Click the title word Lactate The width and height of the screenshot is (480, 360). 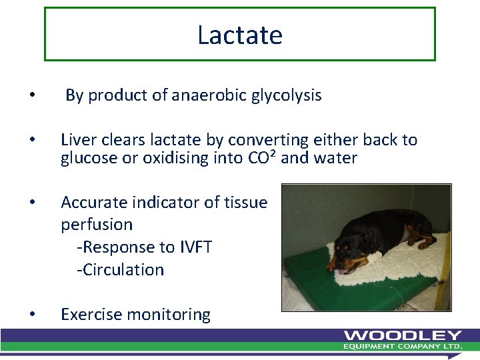point(240,35)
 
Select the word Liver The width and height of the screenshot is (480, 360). point(78,140)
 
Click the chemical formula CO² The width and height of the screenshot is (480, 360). point(263,158)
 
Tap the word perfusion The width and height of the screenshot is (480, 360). point(97,225)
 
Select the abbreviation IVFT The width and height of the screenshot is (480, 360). point(195,247)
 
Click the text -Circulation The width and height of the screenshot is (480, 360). point(120,270)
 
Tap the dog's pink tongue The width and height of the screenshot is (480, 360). point(342,271)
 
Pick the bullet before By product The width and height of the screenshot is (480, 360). point(33,96)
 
